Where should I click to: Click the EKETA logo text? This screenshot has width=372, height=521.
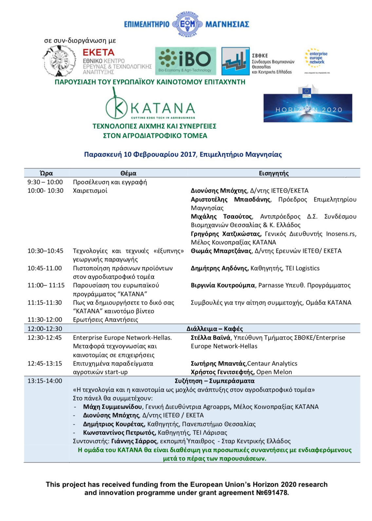(x=99, y=52)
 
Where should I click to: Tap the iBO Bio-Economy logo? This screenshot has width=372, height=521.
(x=185, y=61)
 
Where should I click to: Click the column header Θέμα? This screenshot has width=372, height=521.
(x=128, y=173)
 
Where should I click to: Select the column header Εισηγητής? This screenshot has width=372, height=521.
(x=274, y=173)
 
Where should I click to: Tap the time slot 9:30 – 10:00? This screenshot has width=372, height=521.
(x=45, y=182)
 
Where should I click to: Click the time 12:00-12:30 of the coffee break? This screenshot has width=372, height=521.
(x=45, y=328)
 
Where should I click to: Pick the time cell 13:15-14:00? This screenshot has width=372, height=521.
(x=45, y=381)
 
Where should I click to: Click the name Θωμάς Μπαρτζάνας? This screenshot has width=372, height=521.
(x=221, y=251)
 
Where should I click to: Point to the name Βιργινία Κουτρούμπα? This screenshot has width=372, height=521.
(x=223, y=285)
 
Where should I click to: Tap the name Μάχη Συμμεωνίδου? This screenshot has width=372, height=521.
(x=113, y=407)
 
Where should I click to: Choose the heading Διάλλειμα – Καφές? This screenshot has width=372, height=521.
(x=214, y=328)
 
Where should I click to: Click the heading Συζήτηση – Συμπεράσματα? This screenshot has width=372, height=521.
(x=214, y=381)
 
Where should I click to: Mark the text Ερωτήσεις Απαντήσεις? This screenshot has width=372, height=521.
(x=105, y=320)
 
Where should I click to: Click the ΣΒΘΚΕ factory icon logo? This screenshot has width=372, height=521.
(x=235, y=61)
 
